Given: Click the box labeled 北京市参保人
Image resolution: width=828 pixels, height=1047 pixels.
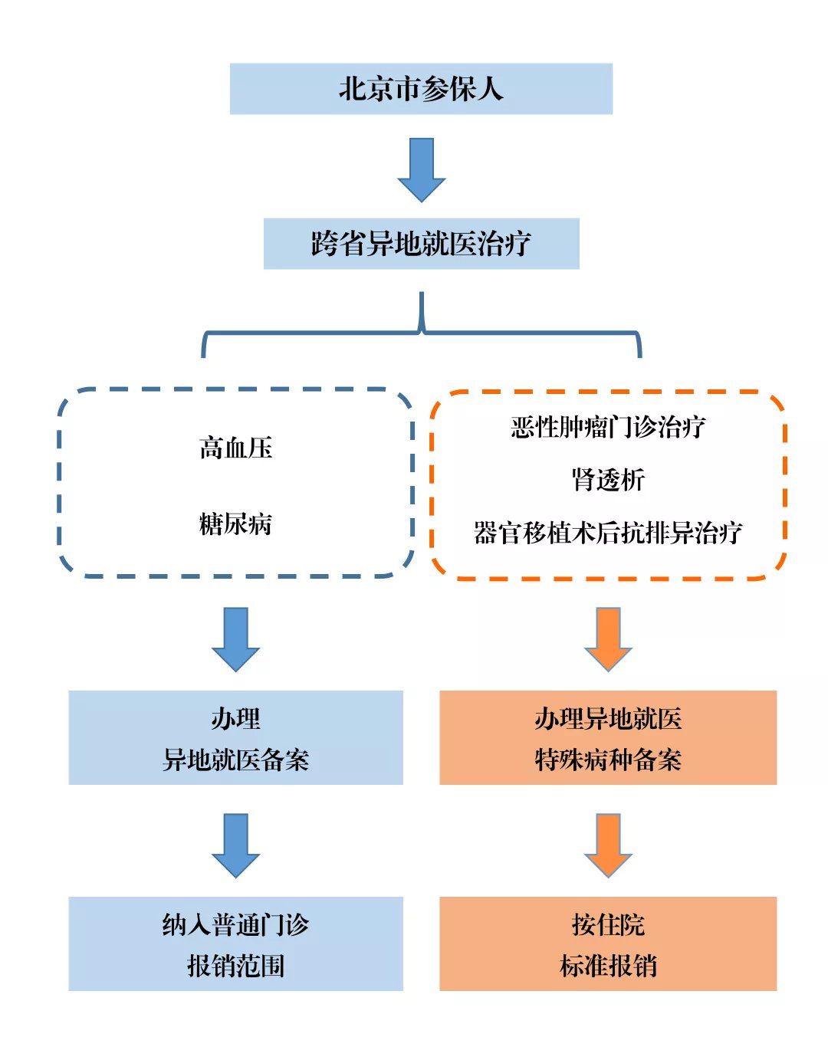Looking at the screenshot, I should click(x=421, y=89).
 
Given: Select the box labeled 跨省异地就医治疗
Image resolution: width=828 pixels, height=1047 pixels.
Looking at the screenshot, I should click(x=421, y=244).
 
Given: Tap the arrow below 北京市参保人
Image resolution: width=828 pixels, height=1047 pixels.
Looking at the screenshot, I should click(x=421, y=169).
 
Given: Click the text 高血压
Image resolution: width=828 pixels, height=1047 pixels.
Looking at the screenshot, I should click(x=235, y=448).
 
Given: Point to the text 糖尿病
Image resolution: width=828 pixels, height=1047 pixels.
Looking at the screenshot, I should click(x=235, y=524).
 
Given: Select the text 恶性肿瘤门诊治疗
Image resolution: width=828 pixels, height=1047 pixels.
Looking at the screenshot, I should click(x=608, y=427).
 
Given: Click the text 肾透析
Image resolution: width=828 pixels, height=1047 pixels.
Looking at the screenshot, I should click(x=608, y=480).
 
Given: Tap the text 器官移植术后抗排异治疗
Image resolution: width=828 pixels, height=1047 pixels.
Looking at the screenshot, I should click(x=608, y=533).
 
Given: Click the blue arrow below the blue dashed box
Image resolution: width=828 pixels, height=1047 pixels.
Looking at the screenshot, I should click(x=235, y=639).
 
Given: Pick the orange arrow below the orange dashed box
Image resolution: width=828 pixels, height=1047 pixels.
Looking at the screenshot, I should click(x=608, y=639).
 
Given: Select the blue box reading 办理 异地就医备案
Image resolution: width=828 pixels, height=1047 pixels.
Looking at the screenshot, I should click(x=235, y=737).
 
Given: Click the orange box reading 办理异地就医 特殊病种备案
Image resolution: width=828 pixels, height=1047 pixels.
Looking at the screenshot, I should click(x=608, y=737).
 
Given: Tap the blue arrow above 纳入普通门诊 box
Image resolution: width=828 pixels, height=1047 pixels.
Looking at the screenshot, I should click(x=235, y=845).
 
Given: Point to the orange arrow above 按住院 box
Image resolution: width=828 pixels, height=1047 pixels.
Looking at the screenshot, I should click(x=608, y=845).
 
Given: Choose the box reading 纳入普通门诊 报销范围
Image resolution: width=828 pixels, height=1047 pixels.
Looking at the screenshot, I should click(x=235, y=944).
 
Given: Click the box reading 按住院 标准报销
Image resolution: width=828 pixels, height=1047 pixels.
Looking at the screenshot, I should click(x=608, y=944).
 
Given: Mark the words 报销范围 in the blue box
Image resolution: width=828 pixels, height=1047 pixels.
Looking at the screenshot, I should click(x=235, y=966).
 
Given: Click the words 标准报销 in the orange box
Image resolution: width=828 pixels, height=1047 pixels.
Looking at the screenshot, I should click(x=608, y=966).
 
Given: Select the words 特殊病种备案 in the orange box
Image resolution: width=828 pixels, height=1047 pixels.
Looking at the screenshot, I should click(x=608, y=760).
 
